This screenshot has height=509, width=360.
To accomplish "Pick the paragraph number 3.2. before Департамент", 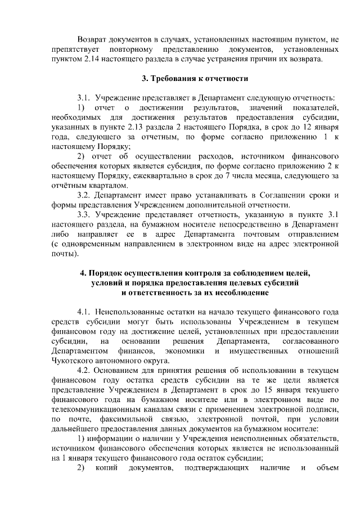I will click(x=84, y=195).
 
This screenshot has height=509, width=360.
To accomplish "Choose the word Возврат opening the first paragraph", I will click(x=93, y=39).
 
